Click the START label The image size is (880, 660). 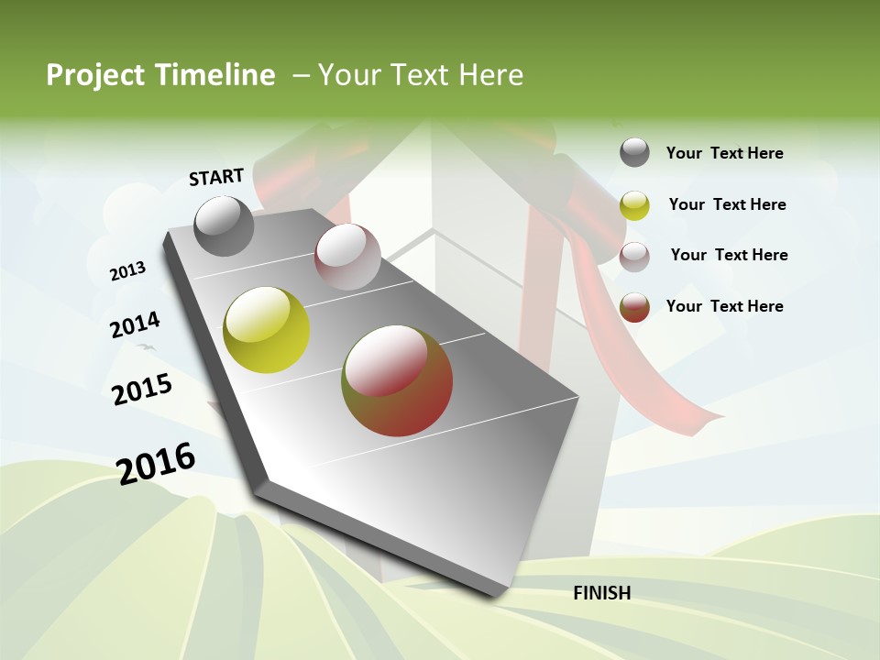coord(216,176)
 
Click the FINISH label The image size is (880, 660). coord(601,593)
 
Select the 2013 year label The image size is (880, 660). coord(127,271)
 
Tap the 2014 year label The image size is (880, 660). coord(135,325)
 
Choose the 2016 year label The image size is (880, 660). coord(156,463)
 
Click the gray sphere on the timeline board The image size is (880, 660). coord(225,225)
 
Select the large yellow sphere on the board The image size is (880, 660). coord(267,330)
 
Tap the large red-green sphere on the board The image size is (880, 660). coord(397,380)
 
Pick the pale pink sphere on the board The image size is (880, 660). coord(347,257)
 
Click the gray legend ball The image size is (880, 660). coord(634,153)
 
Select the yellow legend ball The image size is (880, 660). coord(634,205)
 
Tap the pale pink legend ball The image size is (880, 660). coord(634,257)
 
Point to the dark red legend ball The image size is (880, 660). coord(634,307)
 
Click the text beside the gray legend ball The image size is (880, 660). coord(724,153)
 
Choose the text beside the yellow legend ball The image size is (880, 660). coord(727,204)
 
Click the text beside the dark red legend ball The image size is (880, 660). coord(724,306)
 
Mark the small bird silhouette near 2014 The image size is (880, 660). coord(145,346)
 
